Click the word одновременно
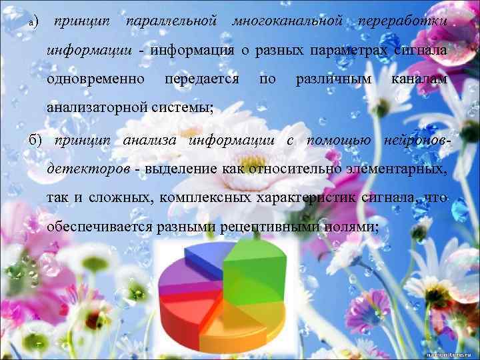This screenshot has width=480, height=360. coord(96,79)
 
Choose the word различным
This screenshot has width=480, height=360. coord(333,79)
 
